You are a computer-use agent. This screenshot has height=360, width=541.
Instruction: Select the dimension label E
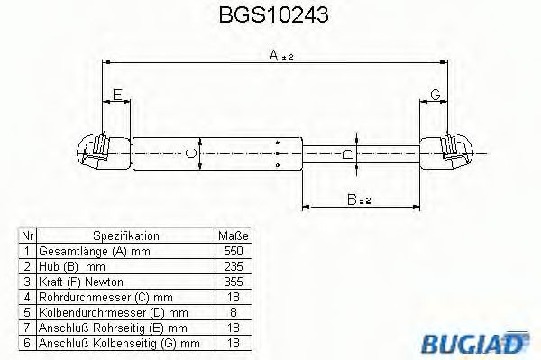116,95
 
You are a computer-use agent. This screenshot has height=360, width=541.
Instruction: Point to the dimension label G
436,95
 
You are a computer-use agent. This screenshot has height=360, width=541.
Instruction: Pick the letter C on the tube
190,152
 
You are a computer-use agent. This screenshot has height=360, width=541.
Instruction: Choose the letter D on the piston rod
348,153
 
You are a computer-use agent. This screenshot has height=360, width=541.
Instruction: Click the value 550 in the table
233,250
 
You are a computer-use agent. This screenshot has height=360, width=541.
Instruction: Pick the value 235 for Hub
233,265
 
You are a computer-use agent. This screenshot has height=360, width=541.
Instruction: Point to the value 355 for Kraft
233,281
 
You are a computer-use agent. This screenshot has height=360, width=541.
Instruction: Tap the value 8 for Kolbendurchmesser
233,310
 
